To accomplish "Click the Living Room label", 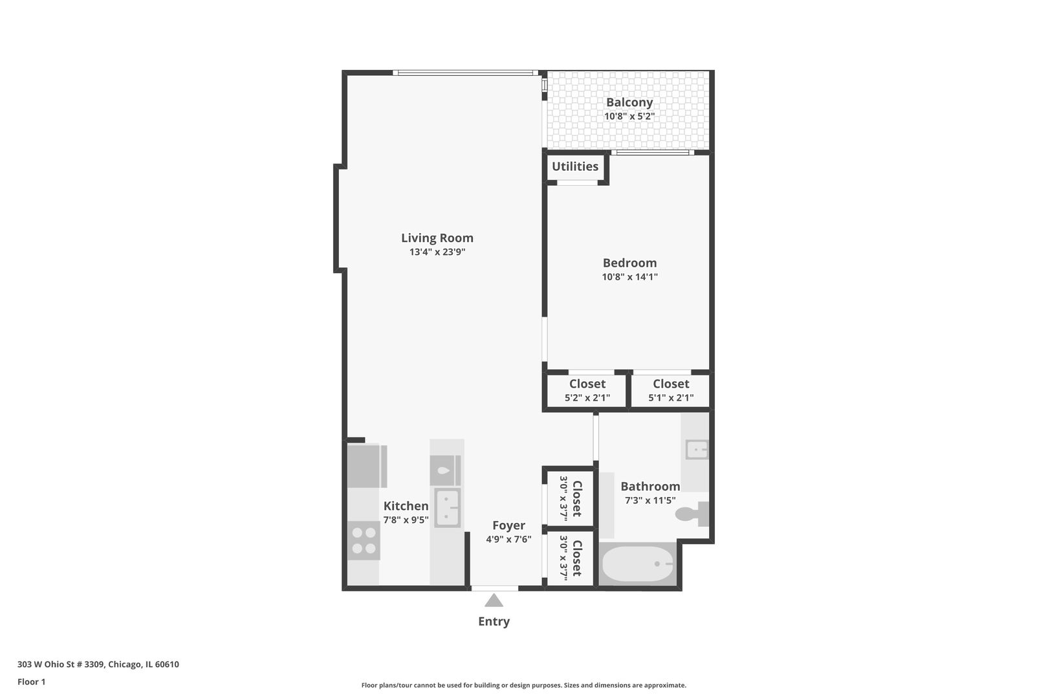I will pos(437,238).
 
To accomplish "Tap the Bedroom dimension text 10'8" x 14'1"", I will pos(629,277).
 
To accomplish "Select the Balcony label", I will pos(629,102).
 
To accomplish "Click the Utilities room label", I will pos(574,166).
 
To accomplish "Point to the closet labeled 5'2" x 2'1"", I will pos(587,390).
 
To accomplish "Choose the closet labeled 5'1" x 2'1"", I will pos(670,390).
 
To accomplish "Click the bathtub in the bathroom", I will pos(637,564).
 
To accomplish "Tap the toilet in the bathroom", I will pos(691,515).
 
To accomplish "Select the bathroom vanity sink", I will pos(697,449).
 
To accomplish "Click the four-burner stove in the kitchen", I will pos(364,540).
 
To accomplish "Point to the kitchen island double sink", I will pos(447,507).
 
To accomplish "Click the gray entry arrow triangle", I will pos(494,601).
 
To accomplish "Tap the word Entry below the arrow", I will pos(494,621).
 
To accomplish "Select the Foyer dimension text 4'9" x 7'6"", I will pos(508,539).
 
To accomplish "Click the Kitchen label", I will pos(406,506).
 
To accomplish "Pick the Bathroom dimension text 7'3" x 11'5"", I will pos(650,500).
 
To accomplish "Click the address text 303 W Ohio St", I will pos(98,664).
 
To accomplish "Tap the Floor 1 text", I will pos(31,682).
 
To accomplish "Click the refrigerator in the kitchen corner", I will pos(366,466).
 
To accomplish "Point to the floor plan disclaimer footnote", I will pos(523,685).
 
